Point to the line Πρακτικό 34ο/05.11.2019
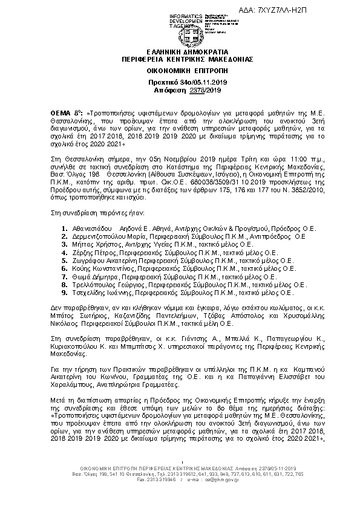179,82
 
